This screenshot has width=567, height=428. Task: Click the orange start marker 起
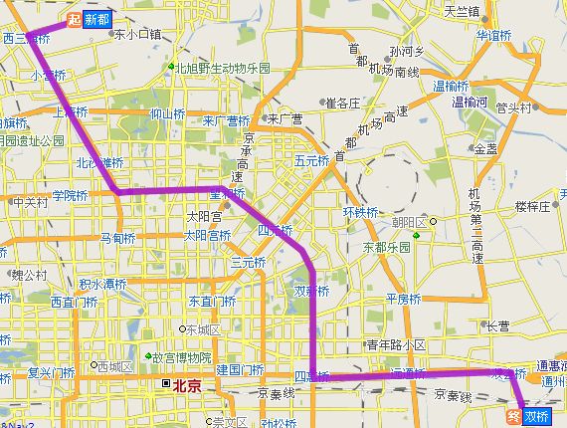click(x=73, y=19)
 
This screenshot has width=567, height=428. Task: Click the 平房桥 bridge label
click(x=405, y=299)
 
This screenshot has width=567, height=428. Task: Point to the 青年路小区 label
click(x=396, y=344)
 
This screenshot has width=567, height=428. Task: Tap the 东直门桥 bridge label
click(x=213, y=301)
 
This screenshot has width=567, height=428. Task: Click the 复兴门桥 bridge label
click(x=51, y=373)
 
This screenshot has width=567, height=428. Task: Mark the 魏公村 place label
click(x=29, y=274)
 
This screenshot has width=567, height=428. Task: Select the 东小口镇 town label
click(x=137, y=34)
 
